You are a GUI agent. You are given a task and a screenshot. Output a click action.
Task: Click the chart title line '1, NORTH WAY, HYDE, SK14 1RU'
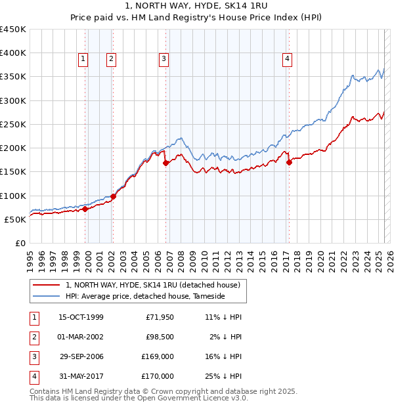coord(197,7)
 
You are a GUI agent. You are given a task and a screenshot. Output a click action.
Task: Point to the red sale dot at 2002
coord(113,196)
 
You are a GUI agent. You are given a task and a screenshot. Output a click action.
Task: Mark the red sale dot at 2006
coord(165,163)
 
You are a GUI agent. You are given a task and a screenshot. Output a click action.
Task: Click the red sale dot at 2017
coord(289,162)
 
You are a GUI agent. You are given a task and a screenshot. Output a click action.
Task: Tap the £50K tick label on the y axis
coord(16,219)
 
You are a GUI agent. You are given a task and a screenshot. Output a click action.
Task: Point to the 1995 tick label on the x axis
coord(30,257)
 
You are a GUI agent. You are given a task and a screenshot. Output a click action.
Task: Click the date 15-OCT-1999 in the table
coord(81,317)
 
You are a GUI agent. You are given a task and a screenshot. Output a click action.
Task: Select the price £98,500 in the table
coord(160,337)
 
